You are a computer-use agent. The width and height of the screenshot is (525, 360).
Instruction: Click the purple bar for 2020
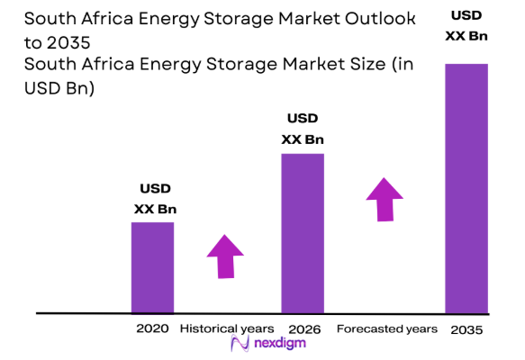click(x=152, y=267)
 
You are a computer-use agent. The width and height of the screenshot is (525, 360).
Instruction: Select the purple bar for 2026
click(x=303, y=233)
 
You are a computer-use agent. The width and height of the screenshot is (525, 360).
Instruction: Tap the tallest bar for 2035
click(x=466, y=188)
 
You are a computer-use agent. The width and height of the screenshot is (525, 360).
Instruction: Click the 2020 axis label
click(x=152, y=329)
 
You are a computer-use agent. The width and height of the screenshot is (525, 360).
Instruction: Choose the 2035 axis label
click(x=466, y=330)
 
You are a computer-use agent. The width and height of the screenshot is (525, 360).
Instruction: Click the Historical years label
click(x=227, y=329)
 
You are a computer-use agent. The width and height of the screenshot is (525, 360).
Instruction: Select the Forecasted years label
click(x=387, y=329)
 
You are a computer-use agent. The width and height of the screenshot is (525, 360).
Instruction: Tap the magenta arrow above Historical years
click(x=225, y=257)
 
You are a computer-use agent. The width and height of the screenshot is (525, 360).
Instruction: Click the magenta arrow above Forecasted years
click(x=385, y=199)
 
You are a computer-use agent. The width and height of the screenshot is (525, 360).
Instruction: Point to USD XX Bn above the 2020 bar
click(x=155, y=199)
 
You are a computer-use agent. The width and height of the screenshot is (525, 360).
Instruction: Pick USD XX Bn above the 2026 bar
click(x=303, y=129)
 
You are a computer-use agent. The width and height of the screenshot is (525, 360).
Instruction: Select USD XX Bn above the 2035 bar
click(x=466, y=26)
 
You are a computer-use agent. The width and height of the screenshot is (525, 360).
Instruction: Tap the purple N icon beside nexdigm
click(x=239, y=345)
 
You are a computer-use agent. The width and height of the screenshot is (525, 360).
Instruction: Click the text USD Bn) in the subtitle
click(x=62, y=87)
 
